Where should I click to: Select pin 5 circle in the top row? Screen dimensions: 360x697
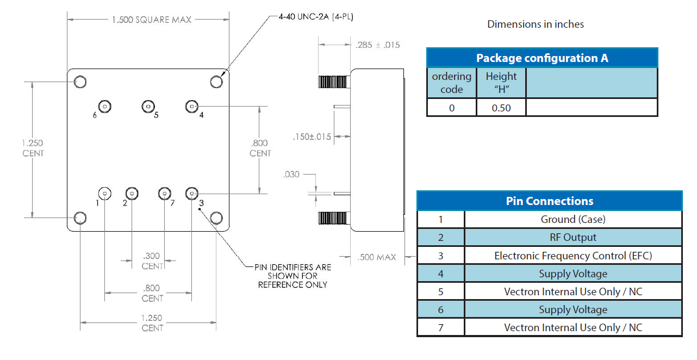147,106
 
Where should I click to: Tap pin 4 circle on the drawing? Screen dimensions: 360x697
191,106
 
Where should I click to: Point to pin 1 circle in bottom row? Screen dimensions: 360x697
104,193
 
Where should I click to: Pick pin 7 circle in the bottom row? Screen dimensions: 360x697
164,193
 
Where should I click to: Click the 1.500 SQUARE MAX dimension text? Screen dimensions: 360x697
152,20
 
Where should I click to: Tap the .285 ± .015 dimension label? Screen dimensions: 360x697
377,45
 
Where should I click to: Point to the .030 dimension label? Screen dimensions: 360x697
291,175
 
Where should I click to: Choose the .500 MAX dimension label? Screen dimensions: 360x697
377,257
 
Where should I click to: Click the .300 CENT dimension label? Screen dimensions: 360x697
152,261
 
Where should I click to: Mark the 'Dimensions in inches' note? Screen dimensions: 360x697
536,24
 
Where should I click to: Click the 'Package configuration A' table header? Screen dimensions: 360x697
542,58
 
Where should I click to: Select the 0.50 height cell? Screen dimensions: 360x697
501,108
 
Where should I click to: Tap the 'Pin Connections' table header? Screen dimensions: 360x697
549,201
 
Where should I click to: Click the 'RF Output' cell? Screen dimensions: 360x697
572,237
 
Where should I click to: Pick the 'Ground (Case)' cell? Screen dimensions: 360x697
572,219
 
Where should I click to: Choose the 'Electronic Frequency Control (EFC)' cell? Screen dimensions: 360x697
572,256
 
